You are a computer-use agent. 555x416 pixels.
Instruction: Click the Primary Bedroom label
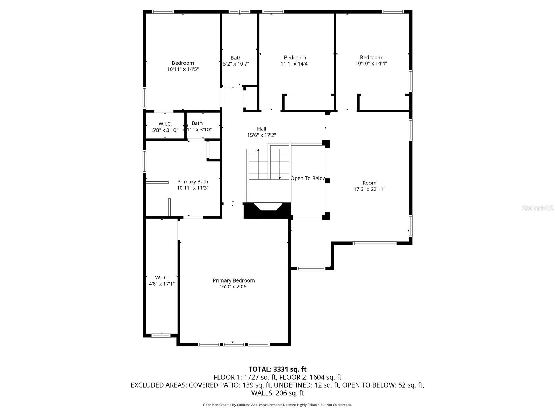[x=233, y=280]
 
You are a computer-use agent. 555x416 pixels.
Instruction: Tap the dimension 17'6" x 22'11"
[x=369, y=189]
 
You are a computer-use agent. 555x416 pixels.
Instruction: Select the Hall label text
[x=262, y=129]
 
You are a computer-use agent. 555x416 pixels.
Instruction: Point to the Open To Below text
[x=308, y=179]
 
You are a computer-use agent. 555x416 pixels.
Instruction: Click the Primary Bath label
[x=193, y=182]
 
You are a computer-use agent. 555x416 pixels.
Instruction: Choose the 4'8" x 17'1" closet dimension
[x=162, y=284]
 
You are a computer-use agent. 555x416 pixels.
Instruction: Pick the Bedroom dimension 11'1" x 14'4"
[x=295, y=64]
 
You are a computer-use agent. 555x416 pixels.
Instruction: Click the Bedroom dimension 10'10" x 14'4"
[x=371, y=63]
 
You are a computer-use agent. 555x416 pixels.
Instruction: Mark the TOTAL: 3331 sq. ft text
[x=277, y=369]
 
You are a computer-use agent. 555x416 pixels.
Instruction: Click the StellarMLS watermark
[x=538, y=208]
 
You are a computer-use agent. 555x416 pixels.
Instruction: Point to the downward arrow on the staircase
[x=279, y=177]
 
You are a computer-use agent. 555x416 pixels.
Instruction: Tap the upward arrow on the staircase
[x=258, y=150]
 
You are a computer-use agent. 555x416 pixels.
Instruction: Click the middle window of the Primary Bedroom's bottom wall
[x=233, y=344]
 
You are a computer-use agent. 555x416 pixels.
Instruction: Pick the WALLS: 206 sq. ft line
[x=277, y=393]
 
